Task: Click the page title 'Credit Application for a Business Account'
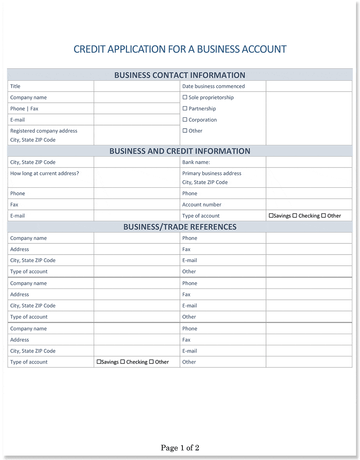(180, 49)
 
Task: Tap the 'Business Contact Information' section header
(180, 75)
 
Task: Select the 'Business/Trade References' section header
(180, 227)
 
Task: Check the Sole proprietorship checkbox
(185, 97)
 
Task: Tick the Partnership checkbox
(185, 108)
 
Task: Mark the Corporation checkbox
(185, 119)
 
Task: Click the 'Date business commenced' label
(213, 86)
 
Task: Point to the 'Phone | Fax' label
(24, 109)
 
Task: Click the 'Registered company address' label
(44, 131)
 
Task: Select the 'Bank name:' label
(196, 162)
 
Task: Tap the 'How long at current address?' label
(44, 173)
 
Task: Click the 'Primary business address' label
(212, 173)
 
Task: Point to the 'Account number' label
(202, 205)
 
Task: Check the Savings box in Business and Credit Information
(271, 215)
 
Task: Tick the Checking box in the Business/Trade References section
(123, 362)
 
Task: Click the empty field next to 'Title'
(137, 86)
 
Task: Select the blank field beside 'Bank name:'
(309, 162)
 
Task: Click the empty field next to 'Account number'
(309, 205)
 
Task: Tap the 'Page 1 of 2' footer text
(180, 448)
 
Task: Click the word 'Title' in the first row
(15, 86)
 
